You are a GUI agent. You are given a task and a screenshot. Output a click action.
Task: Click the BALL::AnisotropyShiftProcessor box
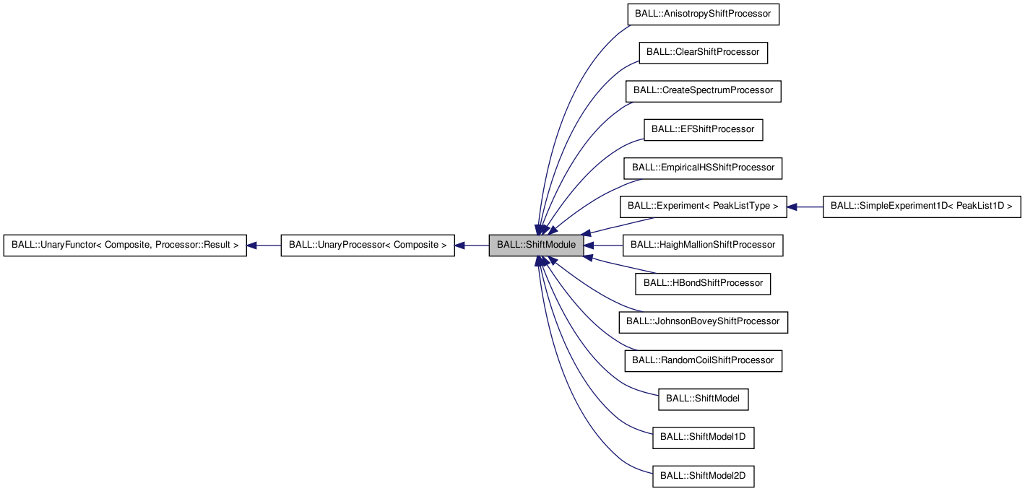[703, 14]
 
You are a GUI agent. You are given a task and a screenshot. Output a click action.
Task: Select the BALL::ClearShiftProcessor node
[703, 53]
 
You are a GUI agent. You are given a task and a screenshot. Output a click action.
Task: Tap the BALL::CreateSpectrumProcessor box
[703, 91]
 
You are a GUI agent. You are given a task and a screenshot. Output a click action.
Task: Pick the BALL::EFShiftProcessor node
[703, 129]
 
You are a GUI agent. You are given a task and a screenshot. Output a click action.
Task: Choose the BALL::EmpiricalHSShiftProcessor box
[703, 168]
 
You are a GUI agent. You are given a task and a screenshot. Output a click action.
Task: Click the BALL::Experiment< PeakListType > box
[703, 207]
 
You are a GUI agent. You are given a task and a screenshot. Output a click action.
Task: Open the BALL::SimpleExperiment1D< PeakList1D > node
[922, 207]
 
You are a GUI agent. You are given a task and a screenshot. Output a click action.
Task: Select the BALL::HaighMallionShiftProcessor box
[703, 245]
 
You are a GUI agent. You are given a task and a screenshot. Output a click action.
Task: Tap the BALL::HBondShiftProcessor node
[703, 283]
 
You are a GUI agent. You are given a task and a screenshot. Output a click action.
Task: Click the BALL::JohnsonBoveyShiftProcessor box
[703, 321]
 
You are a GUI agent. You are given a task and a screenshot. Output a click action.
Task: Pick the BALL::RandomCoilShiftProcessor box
[703, 360]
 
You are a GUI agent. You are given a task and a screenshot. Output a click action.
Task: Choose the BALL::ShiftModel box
[703, 399]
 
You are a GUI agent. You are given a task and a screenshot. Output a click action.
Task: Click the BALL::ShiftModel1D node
[703, 437]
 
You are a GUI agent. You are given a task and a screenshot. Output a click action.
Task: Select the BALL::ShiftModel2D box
[703, 476]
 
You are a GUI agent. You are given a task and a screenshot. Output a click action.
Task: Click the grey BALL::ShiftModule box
[536, 245]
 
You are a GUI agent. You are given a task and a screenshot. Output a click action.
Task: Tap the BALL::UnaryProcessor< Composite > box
[367, 245]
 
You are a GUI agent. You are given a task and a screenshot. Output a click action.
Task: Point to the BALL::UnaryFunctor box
[125, 245]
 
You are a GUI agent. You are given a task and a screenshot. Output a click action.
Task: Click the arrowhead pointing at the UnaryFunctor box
[253, 245]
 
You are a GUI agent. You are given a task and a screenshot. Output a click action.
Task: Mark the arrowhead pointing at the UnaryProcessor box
[460, 245]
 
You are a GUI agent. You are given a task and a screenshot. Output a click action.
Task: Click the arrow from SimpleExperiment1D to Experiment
[805, 207]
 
